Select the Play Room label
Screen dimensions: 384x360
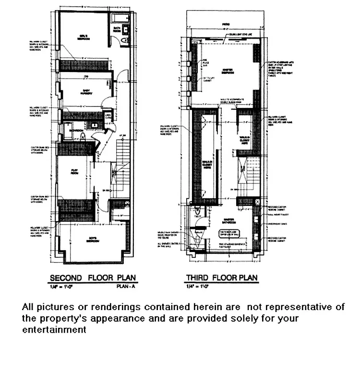point(75,171)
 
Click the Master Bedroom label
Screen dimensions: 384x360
point(224,72)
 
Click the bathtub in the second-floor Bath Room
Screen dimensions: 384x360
point(118,19)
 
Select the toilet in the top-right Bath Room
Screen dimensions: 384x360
point(125,41)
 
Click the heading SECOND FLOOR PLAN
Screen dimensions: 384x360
point(93,278)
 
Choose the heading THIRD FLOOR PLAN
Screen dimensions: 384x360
point(222,278)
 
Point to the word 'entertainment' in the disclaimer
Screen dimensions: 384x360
point(54,330)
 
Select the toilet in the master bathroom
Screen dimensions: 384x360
point(197,211)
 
